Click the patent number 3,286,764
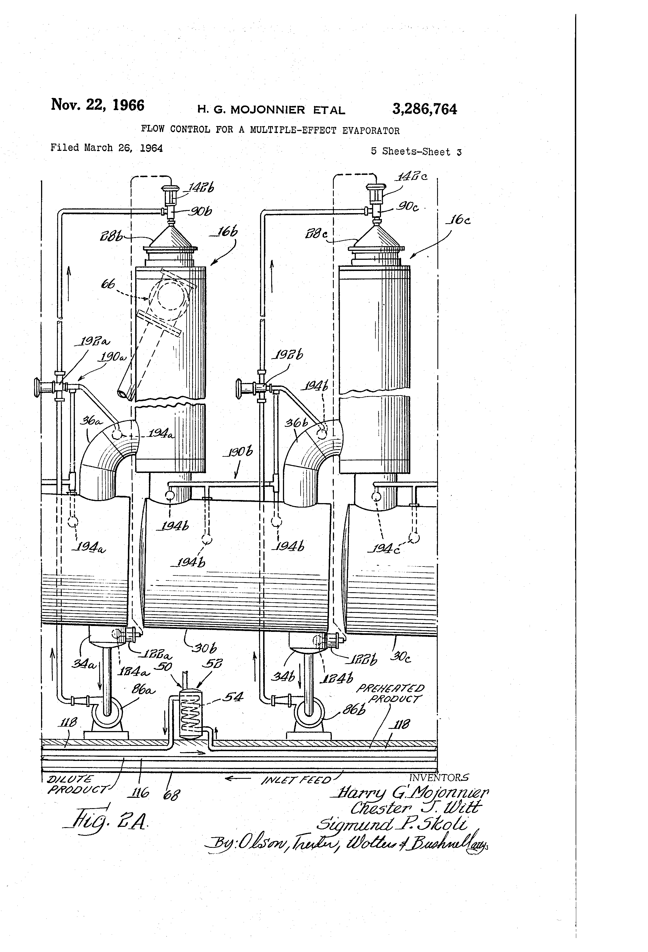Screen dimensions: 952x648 tap(424, 109)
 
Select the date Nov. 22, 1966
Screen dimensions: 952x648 tap(97, 105)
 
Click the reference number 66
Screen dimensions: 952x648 tap(108, 284)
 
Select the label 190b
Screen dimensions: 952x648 tap(238, 452)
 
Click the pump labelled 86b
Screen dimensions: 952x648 tap(310, 715)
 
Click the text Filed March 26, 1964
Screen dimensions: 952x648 tap(106, 148)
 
